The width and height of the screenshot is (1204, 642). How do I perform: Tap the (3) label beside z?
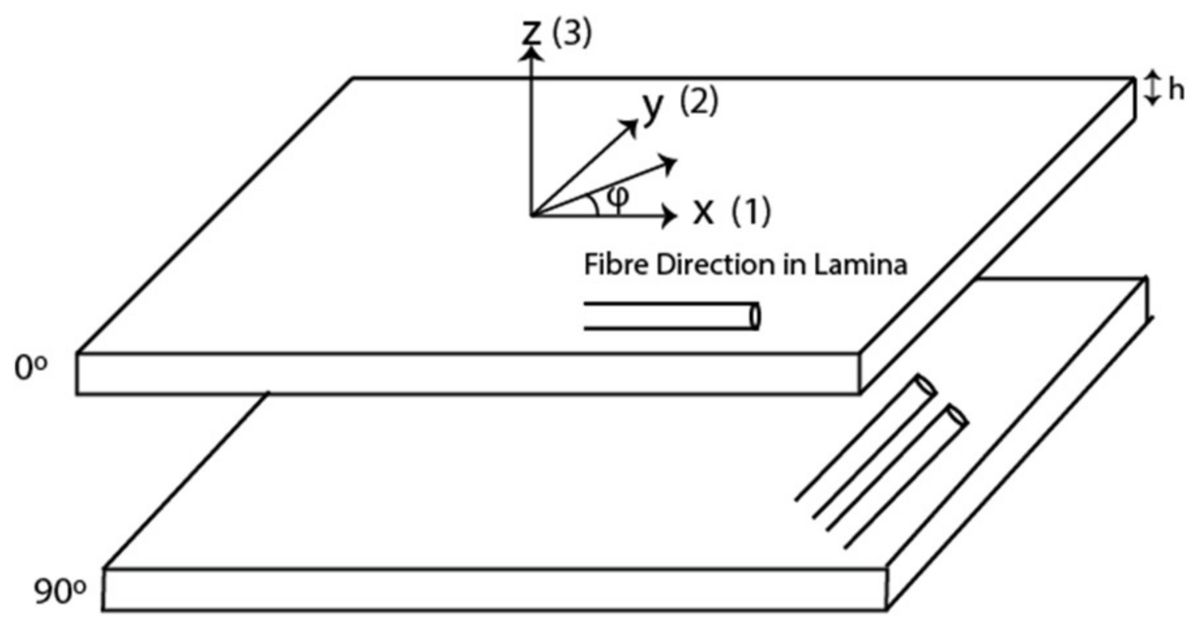pyautogui.click(x=572, y=33)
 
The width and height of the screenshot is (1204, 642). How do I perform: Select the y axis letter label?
pyautogui.click(x=653, y=106)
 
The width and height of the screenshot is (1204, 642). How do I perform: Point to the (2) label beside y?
pyautogui.click(x=699, y=102)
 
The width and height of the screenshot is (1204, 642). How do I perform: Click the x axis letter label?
pyautogui.click(x=703, y=211)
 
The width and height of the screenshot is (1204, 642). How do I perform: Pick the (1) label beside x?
pyautogui.click(x=750, y=211)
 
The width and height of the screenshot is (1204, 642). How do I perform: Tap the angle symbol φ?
pyautogui.click(x=617, y=196)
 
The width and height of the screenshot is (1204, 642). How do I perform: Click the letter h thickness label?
pyautogui.click(x=1176, y=90)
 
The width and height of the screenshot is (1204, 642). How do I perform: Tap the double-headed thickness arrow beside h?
pyautogui.click(x=1153, y=89)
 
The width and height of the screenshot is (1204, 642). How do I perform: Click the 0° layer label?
pyautogui.click(x=31, y=369)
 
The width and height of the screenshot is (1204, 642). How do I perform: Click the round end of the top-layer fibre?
pyautogui.click(x=756, y=316)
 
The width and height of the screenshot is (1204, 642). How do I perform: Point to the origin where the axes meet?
pyautogui.click(x=533, y=215)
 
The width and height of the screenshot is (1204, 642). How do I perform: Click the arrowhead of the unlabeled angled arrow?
pyautogui.click(x=669, y=163)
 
